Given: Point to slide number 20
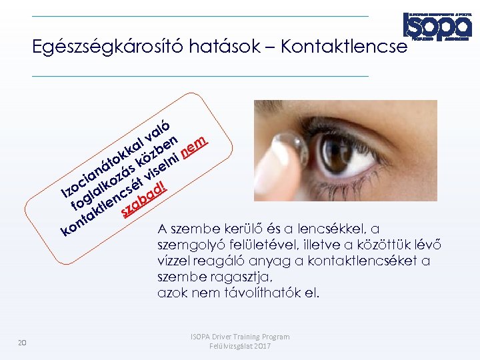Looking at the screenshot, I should coord(22,343).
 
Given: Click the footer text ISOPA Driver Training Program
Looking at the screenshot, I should coord(240,337).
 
